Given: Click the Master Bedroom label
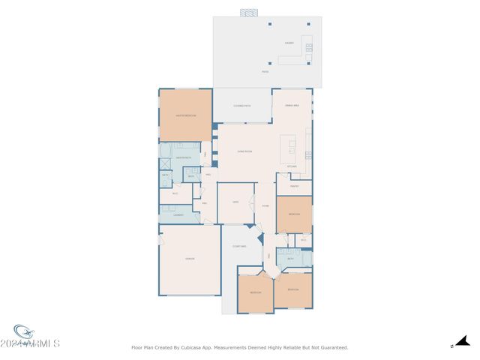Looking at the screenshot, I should point(185,116).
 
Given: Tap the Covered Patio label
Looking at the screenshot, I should point(241,106).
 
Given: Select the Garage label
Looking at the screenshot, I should point(190,259).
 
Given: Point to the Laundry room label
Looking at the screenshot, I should point(178,215).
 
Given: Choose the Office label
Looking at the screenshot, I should point(235,202).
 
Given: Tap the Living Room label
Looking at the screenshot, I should point(244,151).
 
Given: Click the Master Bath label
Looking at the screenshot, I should point(184,158).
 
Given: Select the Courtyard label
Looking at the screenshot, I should point(239,246).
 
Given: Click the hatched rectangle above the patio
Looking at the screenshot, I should point(249,13).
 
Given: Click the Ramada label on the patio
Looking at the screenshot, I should point(289,43).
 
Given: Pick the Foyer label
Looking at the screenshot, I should point(265,205).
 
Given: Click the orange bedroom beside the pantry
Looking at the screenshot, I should point(293,214).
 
